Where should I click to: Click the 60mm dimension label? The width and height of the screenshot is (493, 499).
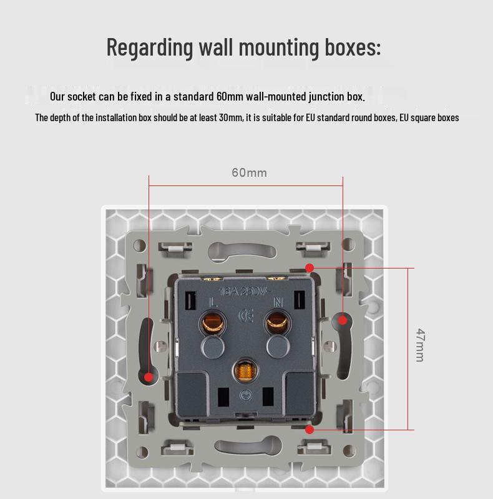click(x=249, y=172)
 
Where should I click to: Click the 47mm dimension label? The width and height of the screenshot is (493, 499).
click(x=420, y=345)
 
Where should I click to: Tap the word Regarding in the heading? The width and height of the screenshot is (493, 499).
click(x=150, y=47)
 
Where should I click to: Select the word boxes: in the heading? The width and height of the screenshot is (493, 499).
click(x=353, y=47)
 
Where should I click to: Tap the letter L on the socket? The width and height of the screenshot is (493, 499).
click(x=213, y=302)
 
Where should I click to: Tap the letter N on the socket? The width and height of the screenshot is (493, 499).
click(x=278, y=302)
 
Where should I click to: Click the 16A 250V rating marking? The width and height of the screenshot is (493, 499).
click(x=243, y=291)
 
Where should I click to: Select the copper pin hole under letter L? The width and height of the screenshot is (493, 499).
click(x=213, y=323)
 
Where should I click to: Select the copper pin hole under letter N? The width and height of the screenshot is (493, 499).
click(x=278, y=322)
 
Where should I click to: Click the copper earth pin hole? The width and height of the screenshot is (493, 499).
click(x=245, y=370)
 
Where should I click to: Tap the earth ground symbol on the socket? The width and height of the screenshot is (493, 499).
click(x=245, y=395)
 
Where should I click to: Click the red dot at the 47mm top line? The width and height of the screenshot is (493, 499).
click(x=310, y=268)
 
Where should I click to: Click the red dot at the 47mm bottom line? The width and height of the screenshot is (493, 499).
click(x=310, y=430)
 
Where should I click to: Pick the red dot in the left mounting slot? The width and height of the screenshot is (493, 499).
click(x=149, y=377)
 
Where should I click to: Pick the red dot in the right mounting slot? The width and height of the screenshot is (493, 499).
click(x=342, y=320)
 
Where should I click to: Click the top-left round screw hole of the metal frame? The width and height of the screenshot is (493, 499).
click(x=140, y=245)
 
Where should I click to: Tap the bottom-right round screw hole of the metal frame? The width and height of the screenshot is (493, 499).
click(x=349, y=450)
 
